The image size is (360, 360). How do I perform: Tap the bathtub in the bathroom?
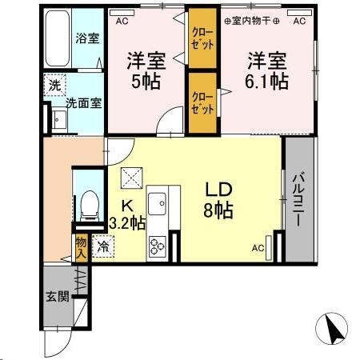click(57, 40)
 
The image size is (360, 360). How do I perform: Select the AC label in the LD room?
click(258, 249)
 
